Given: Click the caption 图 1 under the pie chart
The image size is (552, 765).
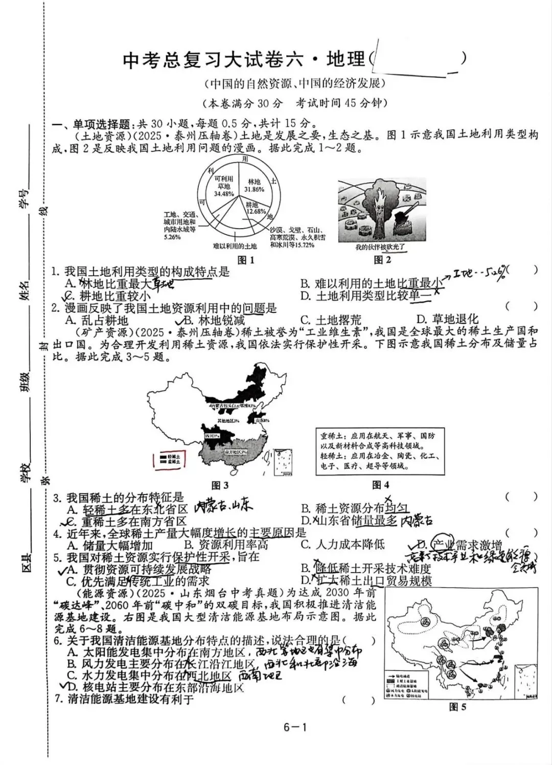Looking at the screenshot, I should (x=246, y=260).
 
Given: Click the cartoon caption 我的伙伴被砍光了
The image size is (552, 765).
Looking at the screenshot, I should (x=380, y=248).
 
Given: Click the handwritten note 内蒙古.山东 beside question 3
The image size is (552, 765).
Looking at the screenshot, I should (x=224, y=507).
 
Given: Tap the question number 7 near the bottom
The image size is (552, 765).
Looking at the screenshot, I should (x=58, y=699).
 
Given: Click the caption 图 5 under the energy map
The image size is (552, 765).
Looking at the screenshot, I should (x=457, y=707).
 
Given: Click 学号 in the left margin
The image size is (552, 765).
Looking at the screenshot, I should (x=25, y=197).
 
